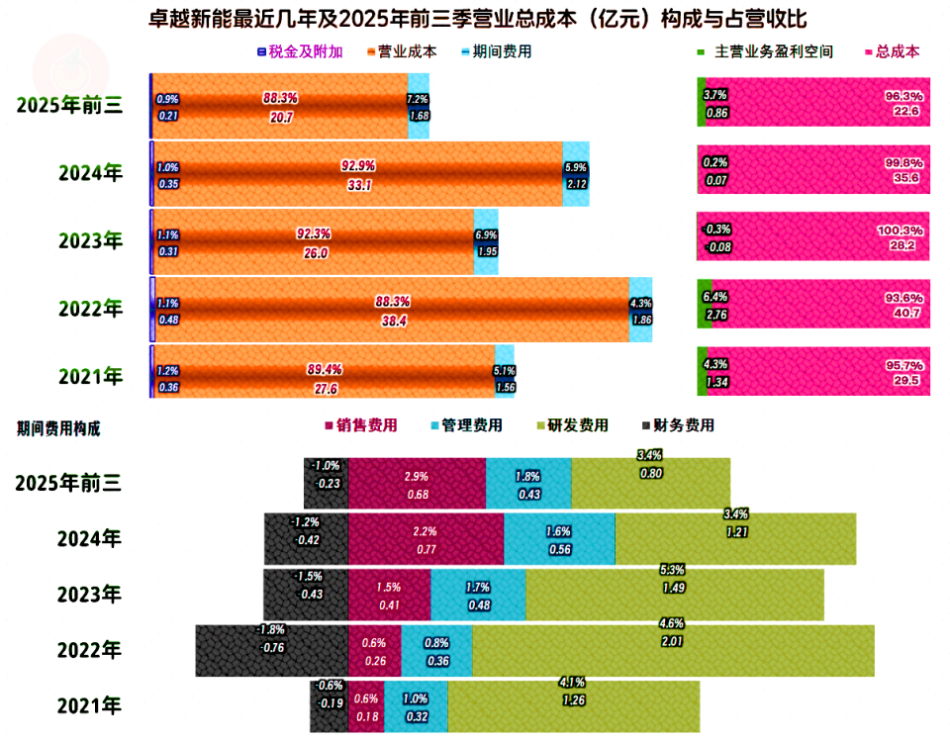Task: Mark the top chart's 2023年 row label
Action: pyautogui.click(x=90, y=239)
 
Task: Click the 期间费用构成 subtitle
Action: pyautogui.click(x=57, y=428)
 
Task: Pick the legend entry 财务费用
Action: pyautogui.click(x=684, y=426)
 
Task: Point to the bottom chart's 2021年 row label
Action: pyautogui.click(x=90, y=706)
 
